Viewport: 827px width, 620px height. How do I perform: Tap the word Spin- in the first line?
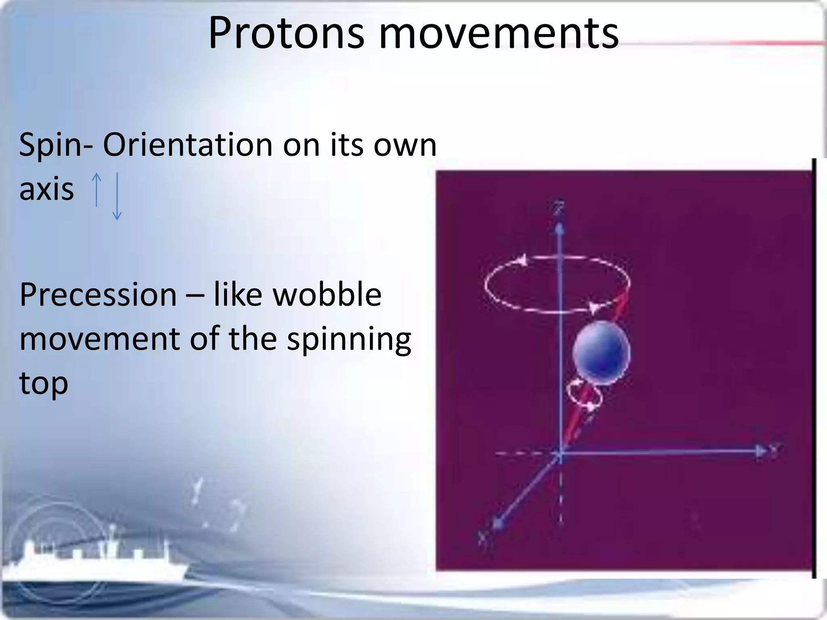(56, 145)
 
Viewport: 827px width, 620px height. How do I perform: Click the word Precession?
(98, 295)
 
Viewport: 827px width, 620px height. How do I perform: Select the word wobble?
(327, 295)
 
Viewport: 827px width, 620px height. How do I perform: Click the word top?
(44, 383)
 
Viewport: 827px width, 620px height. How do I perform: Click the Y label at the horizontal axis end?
(775, 448)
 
